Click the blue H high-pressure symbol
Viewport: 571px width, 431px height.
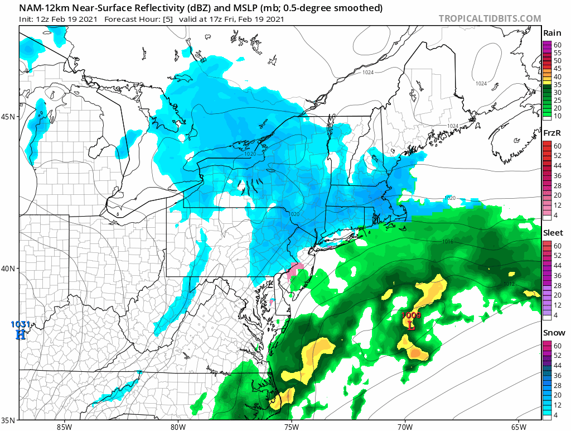coord(21,334)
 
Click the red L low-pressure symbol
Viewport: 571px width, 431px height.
coord(412,325)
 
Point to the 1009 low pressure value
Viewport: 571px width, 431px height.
coord(412,316)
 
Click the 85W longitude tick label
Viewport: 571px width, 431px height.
coord(64,427)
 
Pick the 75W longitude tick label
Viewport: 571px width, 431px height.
coord(291,427)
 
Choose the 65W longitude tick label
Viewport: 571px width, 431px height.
coord(519,427)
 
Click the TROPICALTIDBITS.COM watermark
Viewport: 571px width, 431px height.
coord(490,18)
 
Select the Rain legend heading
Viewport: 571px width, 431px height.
coord(552,33)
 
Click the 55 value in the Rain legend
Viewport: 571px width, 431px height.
coord(558,52)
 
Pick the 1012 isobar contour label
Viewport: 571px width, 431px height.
coord(509,284)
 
